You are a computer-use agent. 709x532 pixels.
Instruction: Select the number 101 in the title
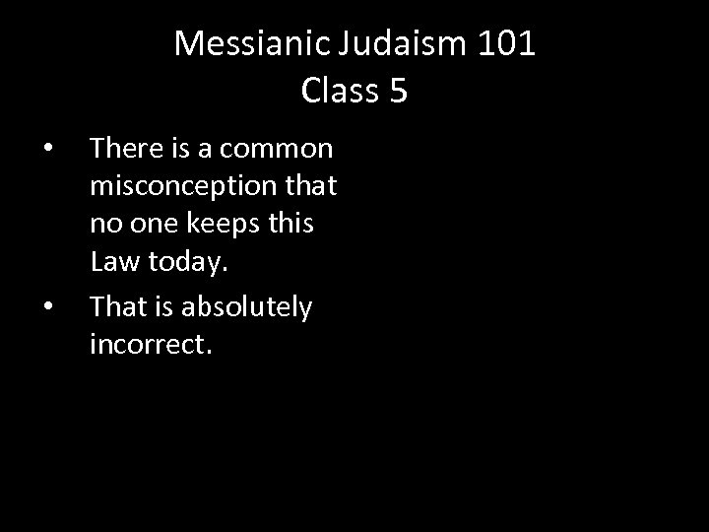[507, 44]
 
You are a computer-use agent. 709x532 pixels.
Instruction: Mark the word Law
[112, 261]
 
